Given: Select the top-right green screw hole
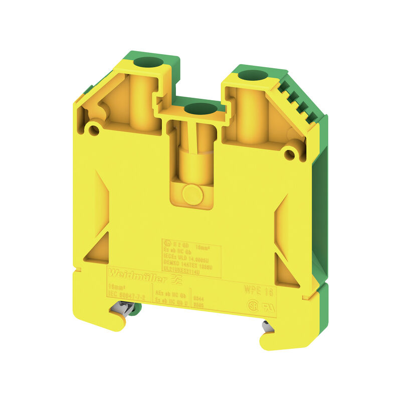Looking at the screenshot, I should click(249, 76).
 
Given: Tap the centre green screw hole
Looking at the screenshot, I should click(199, 107).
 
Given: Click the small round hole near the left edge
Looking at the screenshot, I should click(93, 130).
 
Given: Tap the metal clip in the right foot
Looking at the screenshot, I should click(267, 326).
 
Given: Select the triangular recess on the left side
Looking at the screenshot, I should click(99, 248).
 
